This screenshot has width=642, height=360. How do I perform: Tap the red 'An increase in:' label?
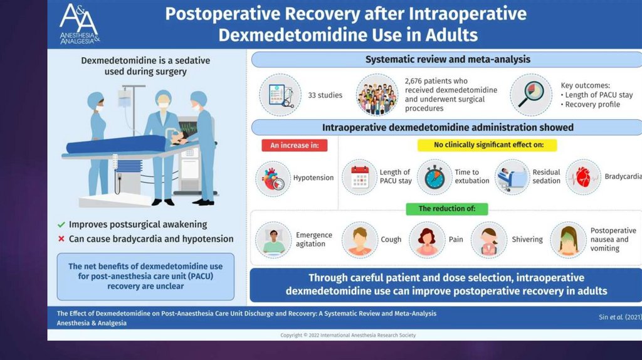click(x=295, y=146)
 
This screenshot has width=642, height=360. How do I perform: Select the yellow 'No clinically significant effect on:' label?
click(x=487, y=145)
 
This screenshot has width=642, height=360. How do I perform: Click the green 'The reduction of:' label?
click(x=446, y=209)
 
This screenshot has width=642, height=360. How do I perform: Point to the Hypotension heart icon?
click(x=273, y=179)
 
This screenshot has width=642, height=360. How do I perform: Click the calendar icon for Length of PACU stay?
click(x=359, y=177)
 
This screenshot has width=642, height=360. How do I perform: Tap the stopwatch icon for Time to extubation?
click(x=435, y=177)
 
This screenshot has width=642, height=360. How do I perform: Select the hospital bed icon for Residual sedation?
click(x=512, y=177)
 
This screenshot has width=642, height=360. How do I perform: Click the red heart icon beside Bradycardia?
click(x=584, y=177)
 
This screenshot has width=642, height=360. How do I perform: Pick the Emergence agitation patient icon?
click(x=273, y=240)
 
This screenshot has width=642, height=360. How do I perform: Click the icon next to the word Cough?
click(x=359, y=240)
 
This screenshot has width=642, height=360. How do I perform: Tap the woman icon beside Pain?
click(x=426, y=240)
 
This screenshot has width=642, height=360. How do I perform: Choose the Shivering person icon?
click(x=489, y=240)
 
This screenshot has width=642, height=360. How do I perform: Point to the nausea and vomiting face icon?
click(x=568, y=240)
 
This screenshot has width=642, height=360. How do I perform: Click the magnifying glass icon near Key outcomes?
click(x=531, y=95)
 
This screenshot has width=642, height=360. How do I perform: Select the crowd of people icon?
click(x=377, y=95)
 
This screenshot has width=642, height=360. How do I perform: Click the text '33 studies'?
click(x=325, y=95)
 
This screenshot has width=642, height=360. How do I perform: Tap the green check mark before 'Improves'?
click(x=61, y=225)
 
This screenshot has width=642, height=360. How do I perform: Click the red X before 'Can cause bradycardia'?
click(x=61, y=239)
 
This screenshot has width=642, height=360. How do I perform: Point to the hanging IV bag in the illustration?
click(x=125, y=98)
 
